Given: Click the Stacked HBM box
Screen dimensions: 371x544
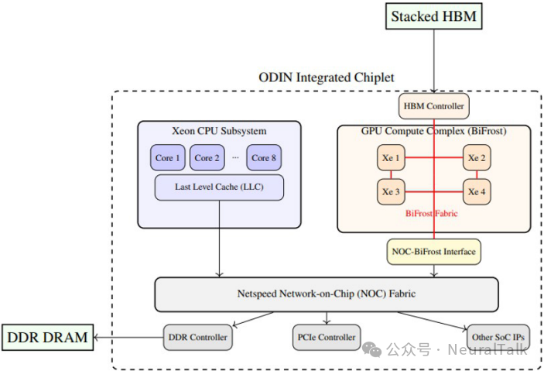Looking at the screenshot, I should [433, 16].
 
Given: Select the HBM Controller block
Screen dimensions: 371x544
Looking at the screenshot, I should [434, 105].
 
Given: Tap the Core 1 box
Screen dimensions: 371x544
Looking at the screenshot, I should [168, 157].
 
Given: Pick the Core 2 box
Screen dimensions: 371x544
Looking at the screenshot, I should [207, 157].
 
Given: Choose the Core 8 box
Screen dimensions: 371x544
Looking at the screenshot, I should [264, 157].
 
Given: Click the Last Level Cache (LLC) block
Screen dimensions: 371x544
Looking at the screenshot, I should [219, 187].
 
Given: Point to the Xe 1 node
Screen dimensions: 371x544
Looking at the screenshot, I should [392, 158].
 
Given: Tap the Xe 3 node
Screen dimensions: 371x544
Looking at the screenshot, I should [392, 191].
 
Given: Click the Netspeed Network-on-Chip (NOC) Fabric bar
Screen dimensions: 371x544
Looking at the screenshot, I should [326, 294].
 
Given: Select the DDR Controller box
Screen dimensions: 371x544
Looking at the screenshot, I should [198, 337].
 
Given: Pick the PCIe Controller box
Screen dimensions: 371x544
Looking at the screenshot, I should [327, 337].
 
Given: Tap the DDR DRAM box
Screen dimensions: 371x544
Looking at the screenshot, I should [46, 337].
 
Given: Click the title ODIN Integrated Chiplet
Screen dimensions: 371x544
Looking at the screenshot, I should [326, 77].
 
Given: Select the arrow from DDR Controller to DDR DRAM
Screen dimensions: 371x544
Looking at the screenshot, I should [128, 337].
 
